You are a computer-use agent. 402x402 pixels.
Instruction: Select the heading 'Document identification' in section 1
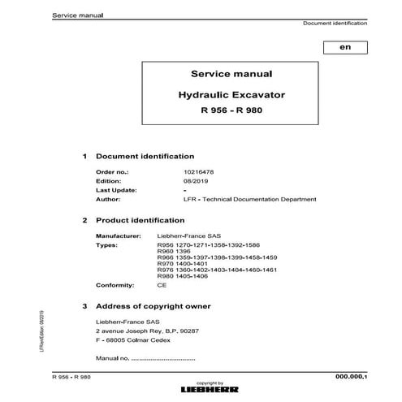coord(145,155)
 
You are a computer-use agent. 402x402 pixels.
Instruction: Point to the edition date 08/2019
coord(174,181)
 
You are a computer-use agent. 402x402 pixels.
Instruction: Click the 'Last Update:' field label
coord(116,190)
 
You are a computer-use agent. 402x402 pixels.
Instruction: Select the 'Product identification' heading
coord(141,220)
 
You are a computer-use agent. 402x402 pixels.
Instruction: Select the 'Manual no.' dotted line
coord(145,357)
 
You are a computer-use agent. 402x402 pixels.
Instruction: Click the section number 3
coord(86,306)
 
